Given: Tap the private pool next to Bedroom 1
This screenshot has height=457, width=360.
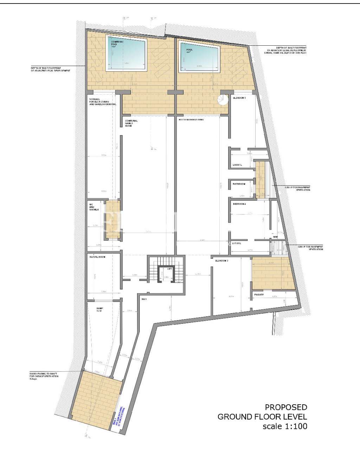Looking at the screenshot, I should [x=199, y=57].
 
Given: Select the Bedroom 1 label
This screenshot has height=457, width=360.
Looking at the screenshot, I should [x=239, y=98].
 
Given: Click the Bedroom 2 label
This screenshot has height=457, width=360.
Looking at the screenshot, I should [x=239, y=204].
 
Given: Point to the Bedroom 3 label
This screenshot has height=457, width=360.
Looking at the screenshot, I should [x=222, y=261].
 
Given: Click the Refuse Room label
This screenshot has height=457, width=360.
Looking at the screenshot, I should [x=97, y=257].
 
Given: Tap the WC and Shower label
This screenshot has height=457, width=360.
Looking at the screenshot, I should [x=93, y=207].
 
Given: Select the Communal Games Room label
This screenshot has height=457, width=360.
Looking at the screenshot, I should [x=131, y=123].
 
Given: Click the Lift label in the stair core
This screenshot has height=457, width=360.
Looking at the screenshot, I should [x=169, y=269].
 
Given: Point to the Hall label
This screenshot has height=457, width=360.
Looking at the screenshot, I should [x=144, y=299].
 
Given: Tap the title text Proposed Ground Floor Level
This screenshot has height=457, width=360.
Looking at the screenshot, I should [x=262, y=412].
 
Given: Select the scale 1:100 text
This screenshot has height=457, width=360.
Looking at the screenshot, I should [x=285, y=426].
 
